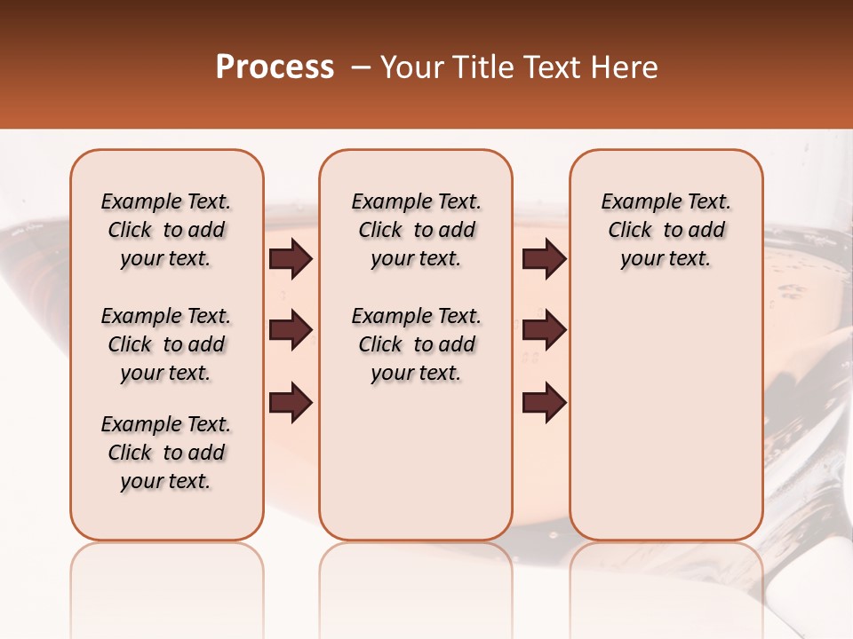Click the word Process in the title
275,67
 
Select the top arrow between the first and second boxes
291,259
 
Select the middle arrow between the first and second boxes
291,330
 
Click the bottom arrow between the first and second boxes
291,402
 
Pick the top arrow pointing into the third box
545,259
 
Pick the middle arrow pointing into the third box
545,330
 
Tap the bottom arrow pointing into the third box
545,402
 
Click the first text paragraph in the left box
166,230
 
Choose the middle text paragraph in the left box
166,344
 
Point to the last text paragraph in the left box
166,453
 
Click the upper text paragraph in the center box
416,230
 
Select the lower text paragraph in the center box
416,344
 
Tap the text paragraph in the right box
666,230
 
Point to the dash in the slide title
361,67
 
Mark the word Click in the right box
630,231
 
